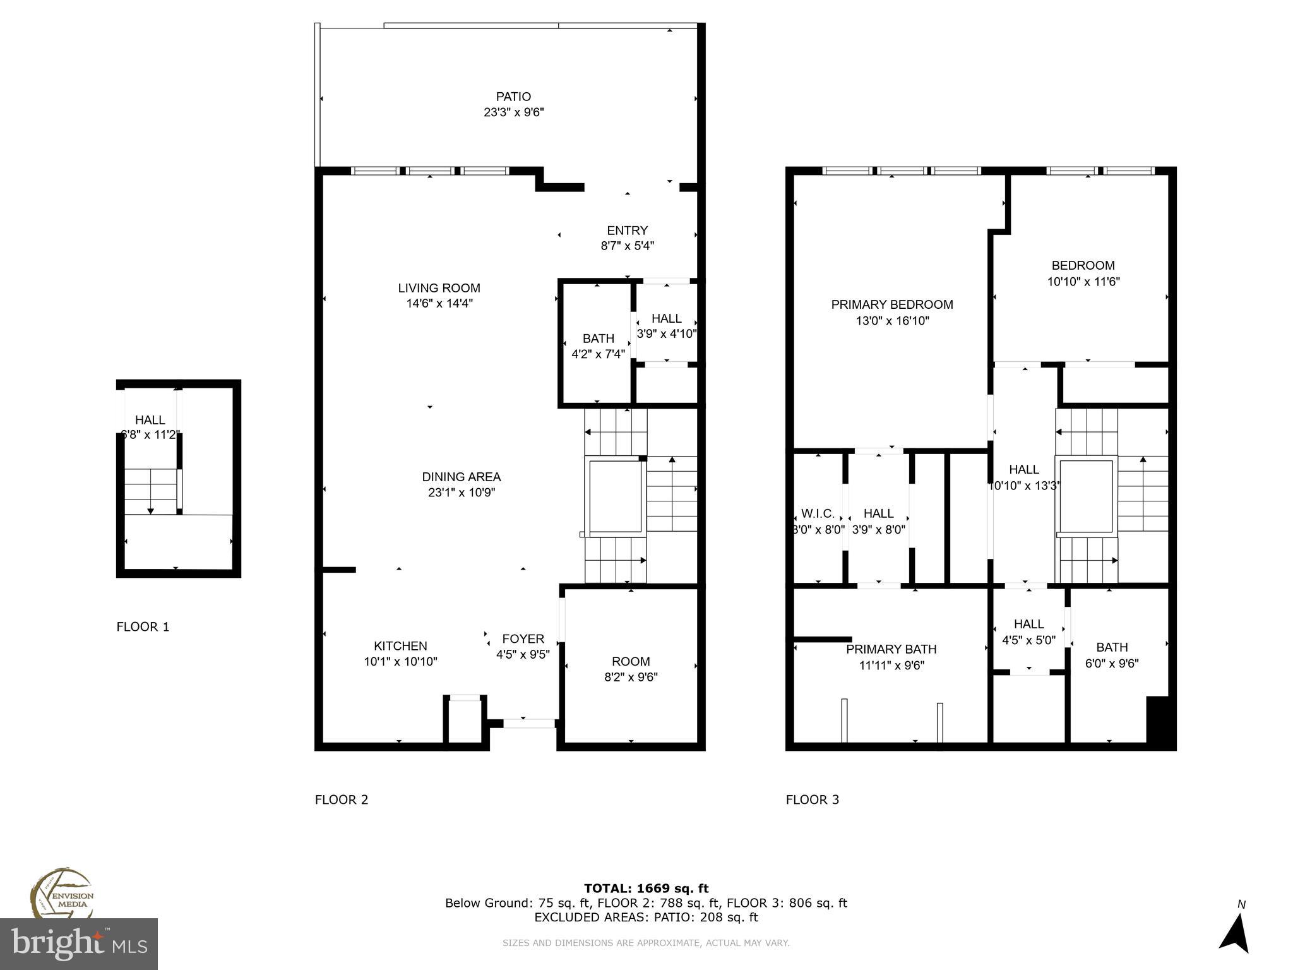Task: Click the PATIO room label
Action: pos(513,97)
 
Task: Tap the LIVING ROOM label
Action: pos(439,288)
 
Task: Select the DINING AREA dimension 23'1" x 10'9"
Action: pos(461,493)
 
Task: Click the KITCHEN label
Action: pos(400,645)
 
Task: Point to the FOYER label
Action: pos(523,638)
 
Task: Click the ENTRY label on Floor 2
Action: pos(627,231)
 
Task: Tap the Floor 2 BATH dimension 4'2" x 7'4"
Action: pos(598,354)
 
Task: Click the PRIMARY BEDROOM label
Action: pos(891,304)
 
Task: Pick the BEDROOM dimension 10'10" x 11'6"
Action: pos(1083,282)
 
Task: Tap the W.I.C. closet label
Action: pos(818,513)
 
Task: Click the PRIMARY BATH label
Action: pos(891,649)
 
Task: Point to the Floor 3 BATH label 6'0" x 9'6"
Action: pos(1111,647)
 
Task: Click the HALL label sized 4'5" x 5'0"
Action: pos(1028,624)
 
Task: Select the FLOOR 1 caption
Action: pos(143,626)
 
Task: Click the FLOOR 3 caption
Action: pos(812,799)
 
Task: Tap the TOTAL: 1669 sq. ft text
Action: pos(646,889)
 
